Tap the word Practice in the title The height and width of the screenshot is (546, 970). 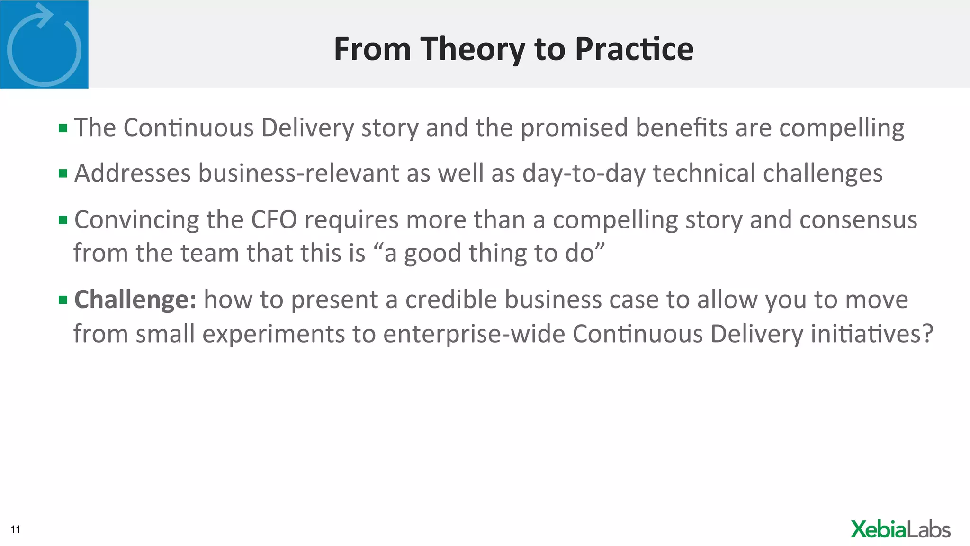[x=634, y=49]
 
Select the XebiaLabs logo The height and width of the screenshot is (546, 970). [x=900, y=529]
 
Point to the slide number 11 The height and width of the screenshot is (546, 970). [x=16, y=529]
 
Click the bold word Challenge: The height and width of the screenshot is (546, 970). [x=135, y=300]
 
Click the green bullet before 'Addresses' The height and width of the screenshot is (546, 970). [x=63, y=173]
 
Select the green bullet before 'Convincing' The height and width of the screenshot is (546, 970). [x=63, y=220]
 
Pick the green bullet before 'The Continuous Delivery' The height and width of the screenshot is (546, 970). [x=63, y=127]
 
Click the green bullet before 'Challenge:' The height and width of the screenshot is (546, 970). [x=63, y=300]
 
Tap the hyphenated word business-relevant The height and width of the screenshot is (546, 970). [x=298, y=173]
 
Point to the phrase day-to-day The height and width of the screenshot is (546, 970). [x=584, y=173]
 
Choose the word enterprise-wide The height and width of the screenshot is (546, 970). [x=474, y=334]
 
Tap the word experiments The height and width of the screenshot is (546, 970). [x=274, y=334]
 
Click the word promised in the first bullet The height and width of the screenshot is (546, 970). [x=574, y=127]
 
